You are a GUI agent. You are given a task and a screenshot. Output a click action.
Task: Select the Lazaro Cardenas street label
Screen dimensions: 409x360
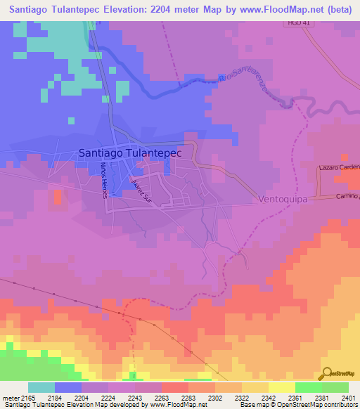pyautogui.click(x=338, y=169)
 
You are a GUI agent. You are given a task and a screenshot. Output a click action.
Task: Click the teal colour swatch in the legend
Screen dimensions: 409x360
pyautogui.click(x=41, y=387)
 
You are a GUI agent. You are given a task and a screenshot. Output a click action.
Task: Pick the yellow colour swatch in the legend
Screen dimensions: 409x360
pyautogui.click(x=281, y=387)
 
